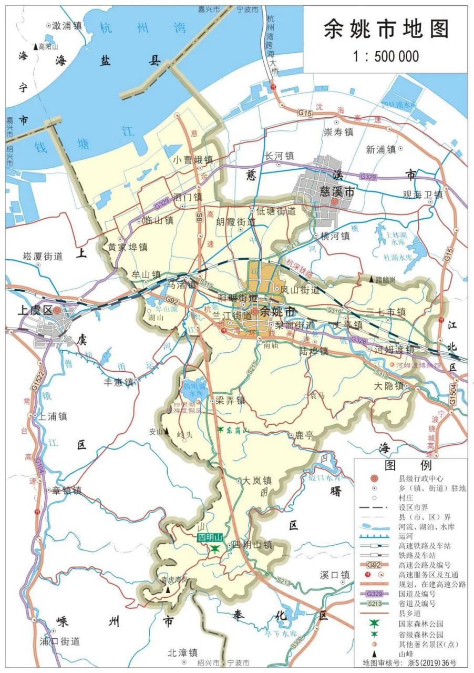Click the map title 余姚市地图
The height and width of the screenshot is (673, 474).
pyautogui.click(x=386, y=29)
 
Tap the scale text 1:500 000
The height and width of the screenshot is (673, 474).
pyautogui.click(x=386, y=56)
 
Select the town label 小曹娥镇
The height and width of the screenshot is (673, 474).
pyautogui.click(x=193, y=159)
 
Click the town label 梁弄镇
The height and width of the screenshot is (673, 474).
pyautogui.click(x=231, y=400)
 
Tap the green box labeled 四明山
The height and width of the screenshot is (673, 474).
pyautogui.click(x=211, y=538)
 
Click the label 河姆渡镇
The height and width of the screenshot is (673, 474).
pyautogui.click(x=394, y=350)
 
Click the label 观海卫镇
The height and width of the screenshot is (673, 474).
pyautogui.click(x=423, y=195)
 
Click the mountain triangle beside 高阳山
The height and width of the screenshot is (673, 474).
pyautogui.click(x=36, y=46)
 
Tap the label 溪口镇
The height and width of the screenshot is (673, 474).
pyautogui.click(x=335, y=575)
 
